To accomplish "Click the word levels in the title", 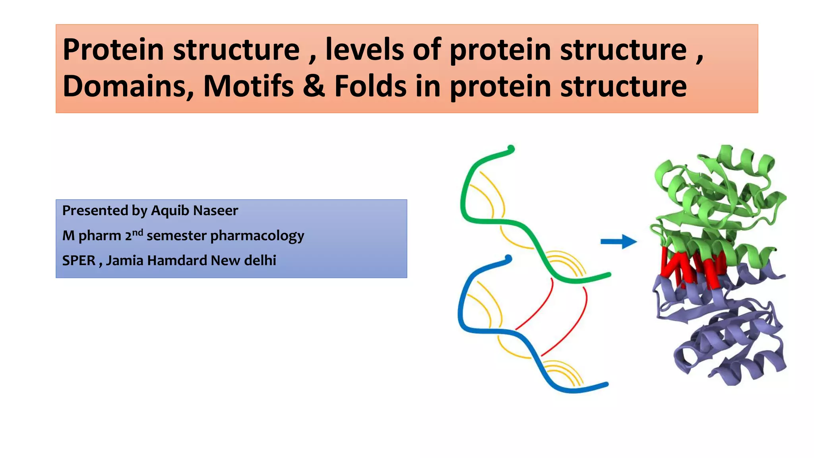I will click(x=364, y=50).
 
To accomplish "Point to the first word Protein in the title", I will click(x=113, y=50).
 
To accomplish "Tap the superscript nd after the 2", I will click(x=138, y=232).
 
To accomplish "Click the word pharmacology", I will click(x=257, y=236).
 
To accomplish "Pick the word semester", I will click(x=176, y=236).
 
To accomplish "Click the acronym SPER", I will click(x=79, y=260).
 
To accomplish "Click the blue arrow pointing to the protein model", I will click(x=618, y=241).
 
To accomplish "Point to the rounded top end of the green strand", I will click(x=511, y=149).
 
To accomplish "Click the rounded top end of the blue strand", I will click(x=508, y=259).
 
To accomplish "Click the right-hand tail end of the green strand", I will click(x=607, y=275).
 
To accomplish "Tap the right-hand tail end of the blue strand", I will click(x=605, y=384).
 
